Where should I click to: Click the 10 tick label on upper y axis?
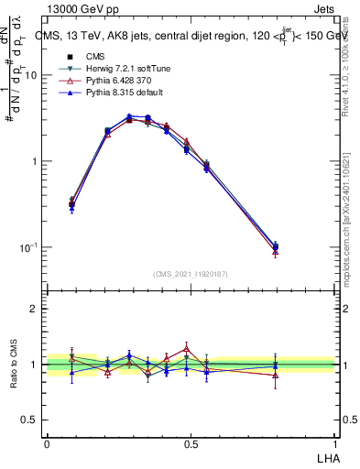(x=30, y=76)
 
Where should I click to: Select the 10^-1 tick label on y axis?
(x=28, y=248)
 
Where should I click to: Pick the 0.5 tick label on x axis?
(x=191, y=443)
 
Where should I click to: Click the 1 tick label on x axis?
(x=334, y=443)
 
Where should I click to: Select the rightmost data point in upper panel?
(x=276, y=246)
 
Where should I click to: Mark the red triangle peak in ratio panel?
(x=187, y=348)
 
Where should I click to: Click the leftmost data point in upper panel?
(x=72, y=204)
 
